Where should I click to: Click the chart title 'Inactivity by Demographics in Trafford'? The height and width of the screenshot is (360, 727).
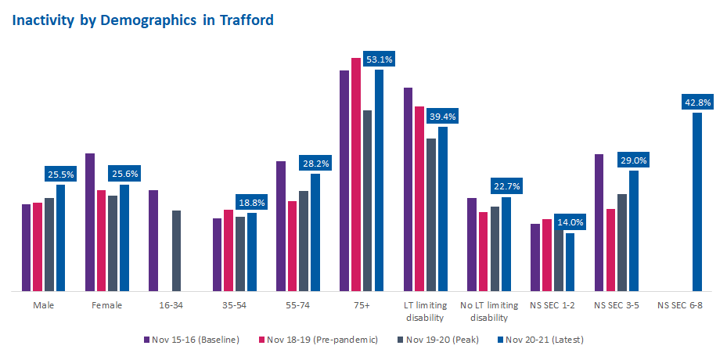142,20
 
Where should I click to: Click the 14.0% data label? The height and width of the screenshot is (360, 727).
569,222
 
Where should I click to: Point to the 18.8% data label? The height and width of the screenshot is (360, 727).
251,202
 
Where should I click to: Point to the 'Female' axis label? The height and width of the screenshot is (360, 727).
107,305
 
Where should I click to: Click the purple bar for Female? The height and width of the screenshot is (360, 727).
90,222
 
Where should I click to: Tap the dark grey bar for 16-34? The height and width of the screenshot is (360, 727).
177,250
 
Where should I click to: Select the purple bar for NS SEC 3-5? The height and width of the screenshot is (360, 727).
599,223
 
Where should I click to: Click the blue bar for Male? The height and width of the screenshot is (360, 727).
60,238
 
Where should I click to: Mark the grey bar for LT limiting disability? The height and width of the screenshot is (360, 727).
431,215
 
